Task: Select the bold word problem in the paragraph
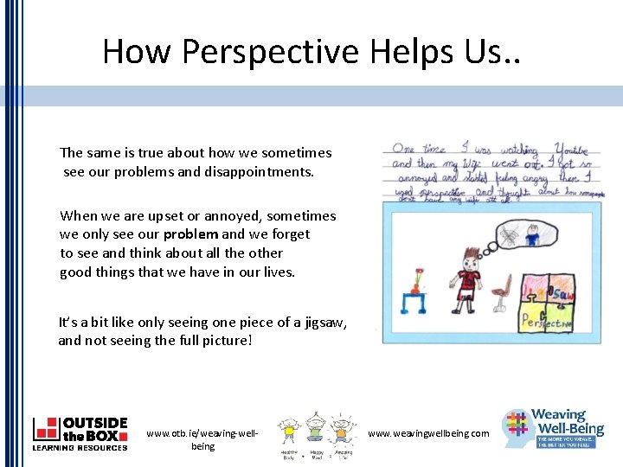(x=190, y=234)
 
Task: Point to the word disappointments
(x=260, y=171)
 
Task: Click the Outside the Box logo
(x=80, y=433)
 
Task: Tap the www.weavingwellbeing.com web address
(x=428, y=433)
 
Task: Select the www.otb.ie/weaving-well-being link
(x=202, y=439)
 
